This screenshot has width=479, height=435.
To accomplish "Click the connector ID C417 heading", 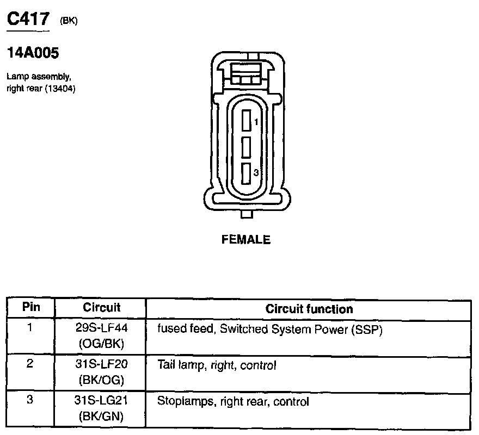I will coord(28,20).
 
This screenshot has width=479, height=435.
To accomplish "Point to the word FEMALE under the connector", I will coord(246,239).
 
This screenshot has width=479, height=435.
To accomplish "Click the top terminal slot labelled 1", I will coord(247,120).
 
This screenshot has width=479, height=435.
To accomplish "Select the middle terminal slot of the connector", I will coord(247,146).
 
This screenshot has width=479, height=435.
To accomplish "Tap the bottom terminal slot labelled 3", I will coord(247,173).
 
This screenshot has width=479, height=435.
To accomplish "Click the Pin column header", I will coord(31,307).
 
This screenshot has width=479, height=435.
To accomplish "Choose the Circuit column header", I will coord(101,308).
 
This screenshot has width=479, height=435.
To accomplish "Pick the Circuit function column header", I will coord(309,309).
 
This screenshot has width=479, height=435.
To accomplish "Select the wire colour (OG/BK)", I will coord(101,344).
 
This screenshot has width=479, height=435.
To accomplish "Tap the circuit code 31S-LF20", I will coord(101,364).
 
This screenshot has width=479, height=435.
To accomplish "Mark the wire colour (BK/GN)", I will coord(101,417).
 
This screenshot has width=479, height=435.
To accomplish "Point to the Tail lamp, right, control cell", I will coord(217,365).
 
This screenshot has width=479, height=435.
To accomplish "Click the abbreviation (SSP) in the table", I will coord(367,330).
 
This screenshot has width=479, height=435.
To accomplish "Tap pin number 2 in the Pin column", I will coord(30,363).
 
